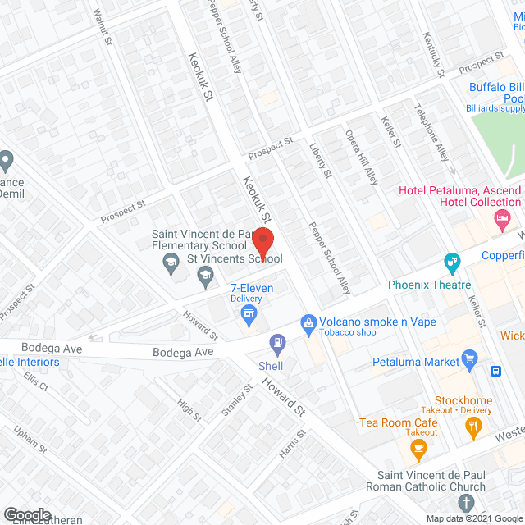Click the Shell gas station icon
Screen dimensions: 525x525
pyautogui.click(x=279, y=341)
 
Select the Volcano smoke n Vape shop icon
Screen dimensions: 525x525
pyautogui.click(x=308, y=323)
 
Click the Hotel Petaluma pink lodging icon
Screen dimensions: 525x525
pyautogui.click(x=502, y=219)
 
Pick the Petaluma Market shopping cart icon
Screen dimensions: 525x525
pyautogui.click(x=470, y=358)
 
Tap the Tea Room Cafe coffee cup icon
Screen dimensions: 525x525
pyautogui.click(x=419, y=448)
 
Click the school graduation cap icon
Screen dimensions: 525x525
pyautogui.click(x=171, y=263)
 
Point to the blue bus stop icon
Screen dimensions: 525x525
pyautogui.click(x=496, y=370)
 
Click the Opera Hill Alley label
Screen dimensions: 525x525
pyautogui.click(x=361, y=157)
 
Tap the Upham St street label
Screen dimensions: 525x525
pyautogui.click(x=30, y=441)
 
